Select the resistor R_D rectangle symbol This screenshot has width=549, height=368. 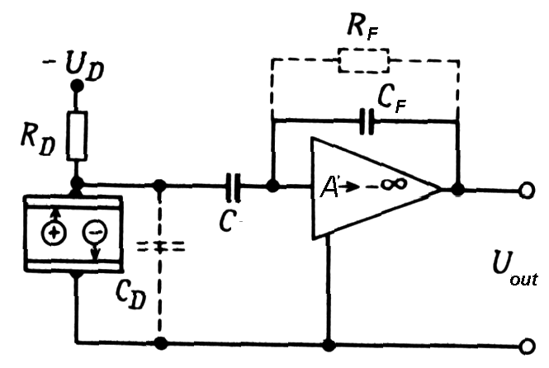tap(77, 135)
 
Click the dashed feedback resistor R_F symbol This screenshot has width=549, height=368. tap(362, 60)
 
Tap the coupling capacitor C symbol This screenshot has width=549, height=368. tap(234, 189)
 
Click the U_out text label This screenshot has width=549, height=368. tap(513, 272)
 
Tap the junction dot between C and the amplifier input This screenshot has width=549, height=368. tap(272, 187)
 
